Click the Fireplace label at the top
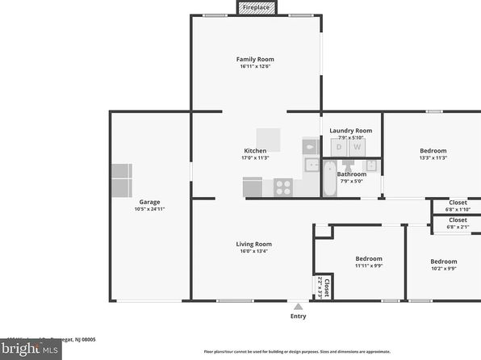click(256, 7)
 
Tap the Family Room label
click(255, 59)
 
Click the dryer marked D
click(339, 147)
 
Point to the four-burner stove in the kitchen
click(283, 187)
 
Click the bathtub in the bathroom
click(328, 178)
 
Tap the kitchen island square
click(268, 140)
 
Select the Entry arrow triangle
click(298, 307)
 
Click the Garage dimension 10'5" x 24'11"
click(149, 209)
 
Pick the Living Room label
click(253, 244)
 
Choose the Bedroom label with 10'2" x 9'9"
click(443, 262)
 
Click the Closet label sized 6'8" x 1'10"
click(458, 203)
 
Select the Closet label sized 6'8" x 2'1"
click(458, 220)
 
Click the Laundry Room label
click(351, 130)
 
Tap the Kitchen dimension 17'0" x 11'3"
click(255, 158)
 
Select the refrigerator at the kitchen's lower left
click(252, 187)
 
